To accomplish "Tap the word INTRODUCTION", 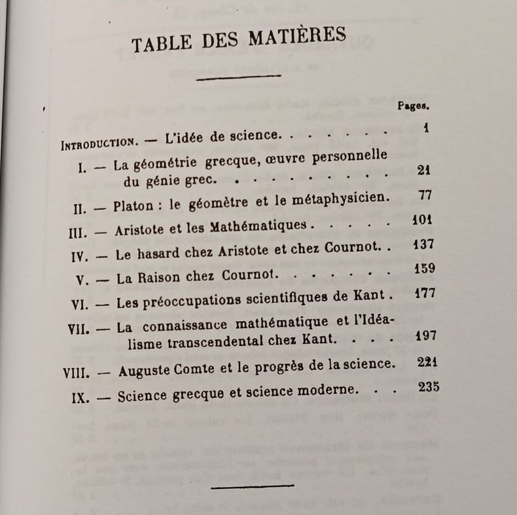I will [99, 142].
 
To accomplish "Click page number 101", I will [422, 220].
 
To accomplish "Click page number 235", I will [429, 387].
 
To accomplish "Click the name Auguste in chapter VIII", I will [143, 373].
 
